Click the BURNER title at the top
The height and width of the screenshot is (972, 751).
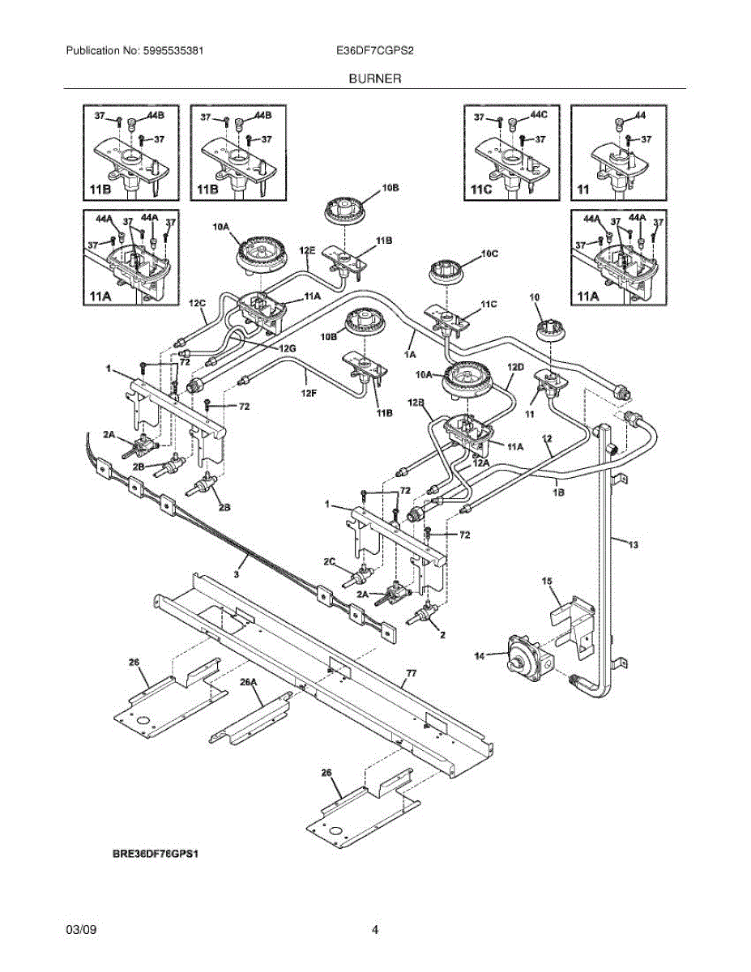(375, 79)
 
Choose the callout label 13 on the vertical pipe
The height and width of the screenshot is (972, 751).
(633, 545)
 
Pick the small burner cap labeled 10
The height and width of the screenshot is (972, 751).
(550, 328)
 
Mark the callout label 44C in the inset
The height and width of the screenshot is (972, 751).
(539, 116)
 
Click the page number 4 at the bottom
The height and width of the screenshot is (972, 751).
(375, 930)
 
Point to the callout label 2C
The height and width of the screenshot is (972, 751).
(330, 561)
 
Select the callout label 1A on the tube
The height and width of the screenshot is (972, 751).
(409, 354)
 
